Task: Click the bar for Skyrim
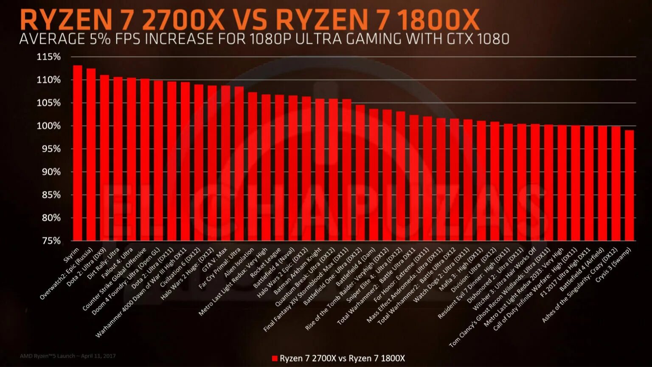coord(77,153)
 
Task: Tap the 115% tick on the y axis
coord(49,57)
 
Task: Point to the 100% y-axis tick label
coord(49,126)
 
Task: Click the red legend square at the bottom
coord(274,359)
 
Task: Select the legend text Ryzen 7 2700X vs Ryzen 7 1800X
coord(342,359)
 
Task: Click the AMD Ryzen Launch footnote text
coord(67,356)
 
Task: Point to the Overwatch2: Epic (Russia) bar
coord(91,154)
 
